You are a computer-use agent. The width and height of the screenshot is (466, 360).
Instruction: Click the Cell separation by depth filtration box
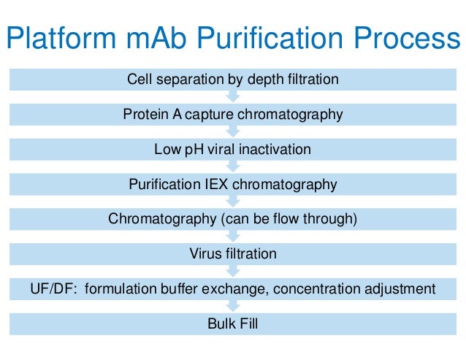tap(233, 79)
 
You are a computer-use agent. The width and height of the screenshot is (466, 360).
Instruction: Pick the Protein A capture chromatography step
tap(233, 114)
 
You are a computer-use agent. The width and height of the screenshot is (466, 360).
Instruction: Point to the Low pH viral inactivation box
tap(233, 149)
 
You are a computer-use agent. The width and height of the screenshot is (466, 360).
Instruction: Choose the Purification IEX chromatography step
tap(233, 184)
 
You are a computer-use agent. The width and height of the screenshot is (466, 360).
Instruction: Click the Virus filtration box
tap(233, 254)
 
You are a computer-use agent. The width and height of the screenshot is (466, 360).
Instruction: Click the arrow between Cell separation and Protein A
tap(233, 96)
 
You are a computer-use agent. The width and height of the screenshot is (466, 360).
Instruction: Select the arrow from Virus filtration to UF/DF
tap(233, 272)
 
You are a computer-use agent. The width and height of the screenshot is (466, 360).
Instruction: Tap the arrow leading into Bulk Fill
tap(233, 307)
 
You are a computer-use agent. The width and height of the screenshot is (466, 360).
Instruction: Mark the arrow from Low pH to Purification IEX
tap(233, 166)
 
